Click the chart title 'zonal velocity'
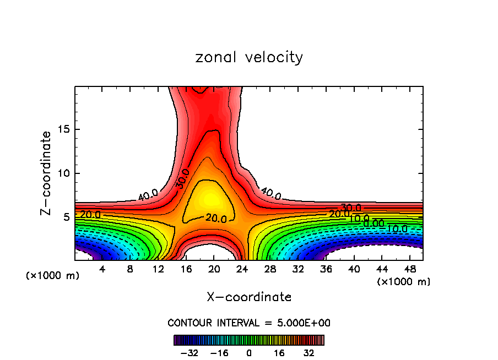249,57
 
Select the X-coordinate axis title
249,297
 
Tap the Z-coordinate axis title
47,173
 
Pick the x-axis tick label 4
102,269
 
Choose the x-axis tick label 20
214,269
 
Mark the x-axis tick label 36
326,269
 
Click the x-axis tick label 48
410,269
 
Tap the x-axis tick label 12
158,269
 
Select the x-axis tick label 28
270,269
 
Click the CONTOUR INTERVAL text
249,323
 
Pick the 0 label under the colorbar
249,353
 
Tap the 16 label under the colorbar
279,353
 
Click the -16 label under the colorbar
219,353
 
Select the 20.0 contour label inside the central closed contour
216,219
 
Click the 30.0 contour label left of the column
183,180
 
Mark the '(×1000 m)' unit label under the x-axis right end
403,281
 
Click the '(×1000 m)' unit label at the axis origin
53,276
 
